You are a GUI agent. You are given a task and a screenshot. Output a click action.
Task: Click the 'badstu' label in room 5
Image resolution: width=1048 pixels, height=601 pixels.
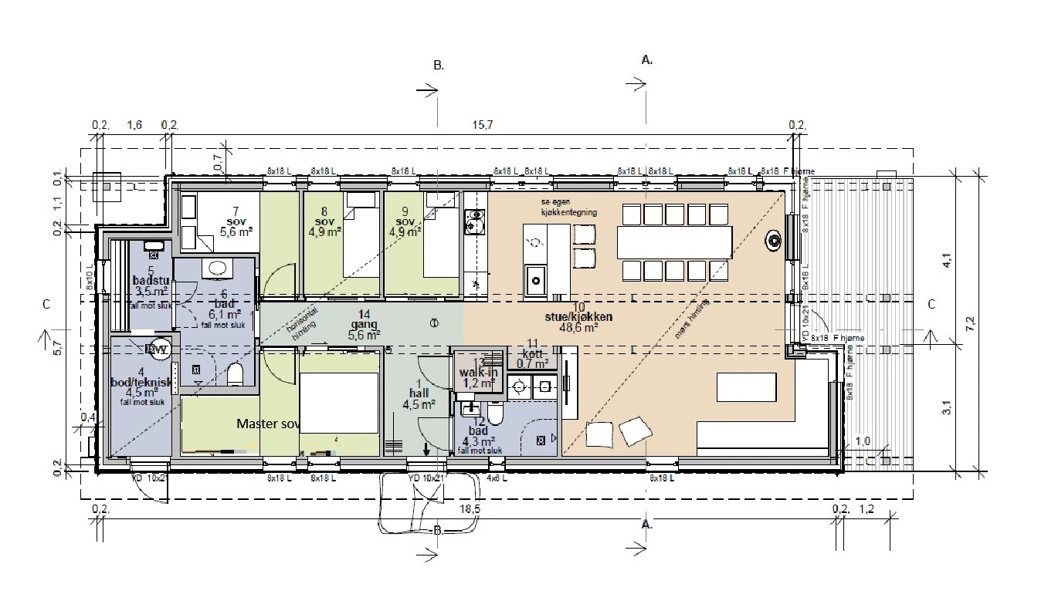(151, 280)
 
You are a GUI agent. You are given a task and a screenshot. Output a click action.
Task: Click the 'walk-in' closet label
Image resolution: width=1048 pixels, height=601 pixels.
(478, 373)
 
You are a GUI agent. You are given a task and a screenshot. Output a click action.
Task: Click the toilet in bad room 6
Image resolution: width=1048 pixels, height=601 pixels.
(236, 375)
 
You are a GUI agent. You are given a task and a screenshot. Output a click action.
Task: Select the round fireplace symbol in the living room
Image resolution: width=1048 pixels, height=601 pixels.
(773, 241)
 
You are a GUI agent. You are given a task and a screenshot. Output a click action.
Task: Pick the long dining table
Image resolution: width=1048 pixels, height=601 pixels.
(673, 242)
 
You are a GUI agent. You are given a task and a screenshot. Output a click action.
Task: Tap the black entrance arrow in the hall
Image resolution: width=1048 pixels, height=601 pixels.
(426, 449)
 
